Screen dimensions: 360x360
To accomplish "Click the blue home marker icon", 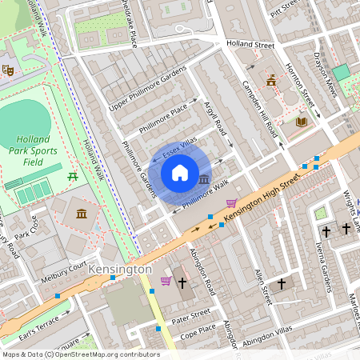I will pos(180,172).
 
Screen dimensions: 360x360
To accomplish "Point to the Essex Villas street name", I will pos(179,147).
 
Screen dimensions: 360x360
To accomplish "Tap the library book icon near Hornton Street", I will pos(301,122).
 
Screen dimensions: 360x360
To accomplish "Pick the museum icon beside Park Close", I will pos(82,214).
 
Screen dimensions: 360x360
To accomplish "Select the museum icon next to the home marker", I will pos(205,178).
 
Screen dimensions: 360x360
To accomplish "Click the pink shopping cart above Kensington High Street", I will pos(232,202).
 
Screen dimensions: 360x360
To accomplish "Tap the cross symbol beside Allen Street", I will pos(282,284).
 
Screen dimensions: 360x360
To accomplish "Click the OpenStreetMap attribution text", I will pos(80,354).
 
